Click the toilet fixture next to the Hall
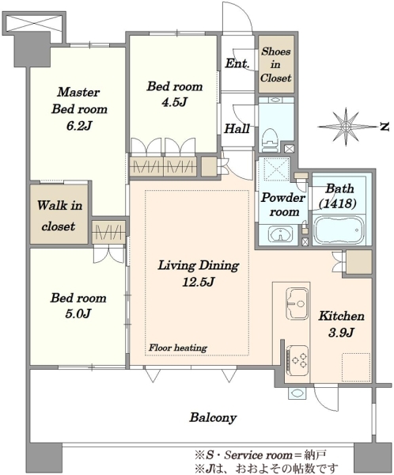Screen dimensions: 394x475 pos(270,140)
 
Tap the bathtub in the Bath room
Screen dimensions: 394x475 pos(339,229)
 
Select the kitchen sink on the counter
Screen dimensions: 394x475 pos(297,303)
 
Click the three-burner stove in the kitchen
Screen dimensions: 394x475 pos(297,360)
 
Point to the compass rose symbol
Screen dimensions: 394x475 pos(346,127)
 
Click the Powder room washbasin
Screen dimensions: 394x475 pos(280,235)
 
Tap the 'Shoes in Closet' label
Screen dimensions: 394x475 pos(275,65)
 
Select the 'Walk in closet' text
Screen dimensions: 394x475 pos(59,215)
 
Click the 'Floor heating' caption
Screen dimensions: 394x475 pos(178,348)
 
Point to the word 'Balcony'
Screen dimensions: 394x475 pos(213,418)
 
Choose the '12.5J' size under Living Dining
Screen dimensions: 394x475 pos(199,282)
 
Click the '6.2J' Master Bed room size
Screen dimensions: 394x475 pos(79,126)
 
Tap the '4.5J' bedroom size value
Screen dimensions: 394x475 pos(174,102)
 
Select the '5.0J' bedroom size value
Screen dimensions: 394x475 pos(78,313)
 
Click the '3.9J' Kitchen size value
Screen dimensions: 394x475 pos(341,332)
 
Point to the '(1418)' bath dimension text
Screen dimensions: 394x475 pos(338,203)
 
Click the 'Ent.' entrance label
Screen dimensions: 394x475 pos(237,63)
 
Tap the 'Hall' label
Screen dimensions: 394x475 pos(237,129)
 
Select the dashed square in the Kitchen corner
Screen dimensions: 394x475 pos(356,367)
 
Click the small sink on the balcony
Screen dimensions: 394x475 pos(296,393)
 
